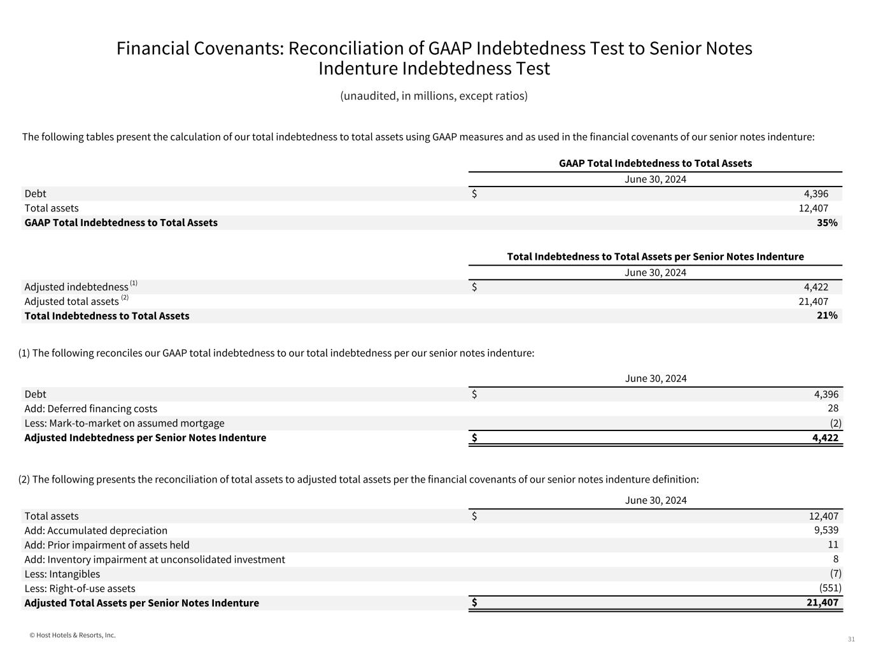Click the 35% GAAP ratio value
click(x=827, y=223)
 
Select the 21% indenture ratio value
click(x=827, y=316)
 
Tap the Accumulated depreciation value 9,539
click(x=826, y=530)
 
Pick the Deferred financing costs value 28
click(x=833, y=409)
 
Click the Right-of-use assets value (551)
click(x=830, y=588)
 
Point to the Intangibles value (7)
click(x=835, y=574)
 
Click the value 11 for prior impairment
click(x=833, y=545)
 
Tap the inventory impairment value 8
click(x=835, y=560)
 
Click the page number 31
click(x=851, y=639)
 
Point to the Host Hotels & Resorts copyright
click(x=73, y=635)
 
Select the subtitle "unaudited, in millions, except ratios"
click(x=434, y=96)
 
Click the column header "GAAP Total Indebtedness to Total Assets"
click(x=655, y=164)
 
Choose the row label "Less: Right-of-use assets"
click(x=80, y=588)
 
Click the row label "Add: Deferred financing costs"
click(x=90, y=409)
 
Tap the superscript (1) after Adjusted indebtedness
click(x=134, y=283)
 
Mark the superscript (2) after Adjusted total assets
click(x=125, y=297)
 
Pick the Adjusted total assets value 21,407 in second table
click(x=813, y=302)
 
